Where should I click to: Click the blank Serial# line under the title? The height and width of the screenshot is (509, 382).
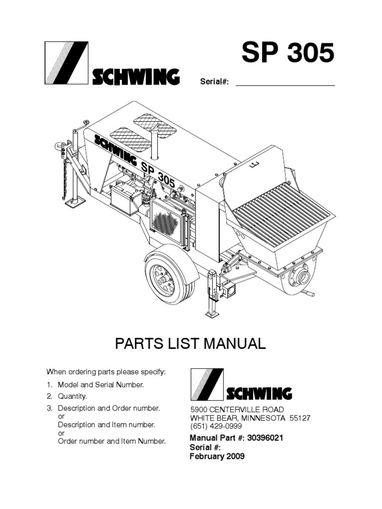click(285, 82)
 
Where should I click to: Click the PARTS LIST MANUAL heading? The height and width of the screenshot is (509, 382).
click(191, 344)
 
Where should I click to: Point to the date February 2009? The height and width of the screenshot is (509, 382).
click(217, 456)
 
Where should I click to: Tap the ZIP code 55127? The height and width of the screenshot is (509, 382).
click(300, 418)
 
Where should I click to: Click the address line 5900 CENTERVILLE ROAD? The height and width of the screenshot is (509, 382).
click(238, 409)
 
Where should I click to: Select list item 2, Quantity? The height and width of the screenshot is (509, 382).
click(73, 396)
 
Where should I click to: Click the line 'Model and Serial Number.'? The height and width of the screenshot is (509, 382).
click(101, 384)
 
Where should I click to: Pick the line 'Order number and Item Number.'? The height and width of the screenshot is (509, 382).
click(111, 441)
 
